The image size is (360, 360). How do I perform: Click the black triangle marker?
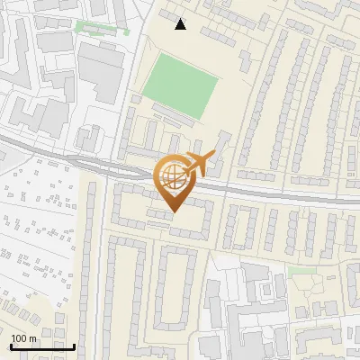coord(181,24)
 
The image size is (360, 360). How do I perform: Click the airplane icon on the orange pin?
coord(199,163)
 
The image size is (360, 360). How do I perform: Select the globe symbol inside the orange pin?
coord(172,176)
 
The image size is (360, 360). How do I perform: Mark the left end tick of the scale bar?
coord(10,346)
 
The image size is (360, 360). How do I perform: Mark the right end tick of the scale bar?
coord(74,346)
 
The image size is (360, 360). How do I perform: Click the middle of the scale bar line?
coord(41,346)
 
